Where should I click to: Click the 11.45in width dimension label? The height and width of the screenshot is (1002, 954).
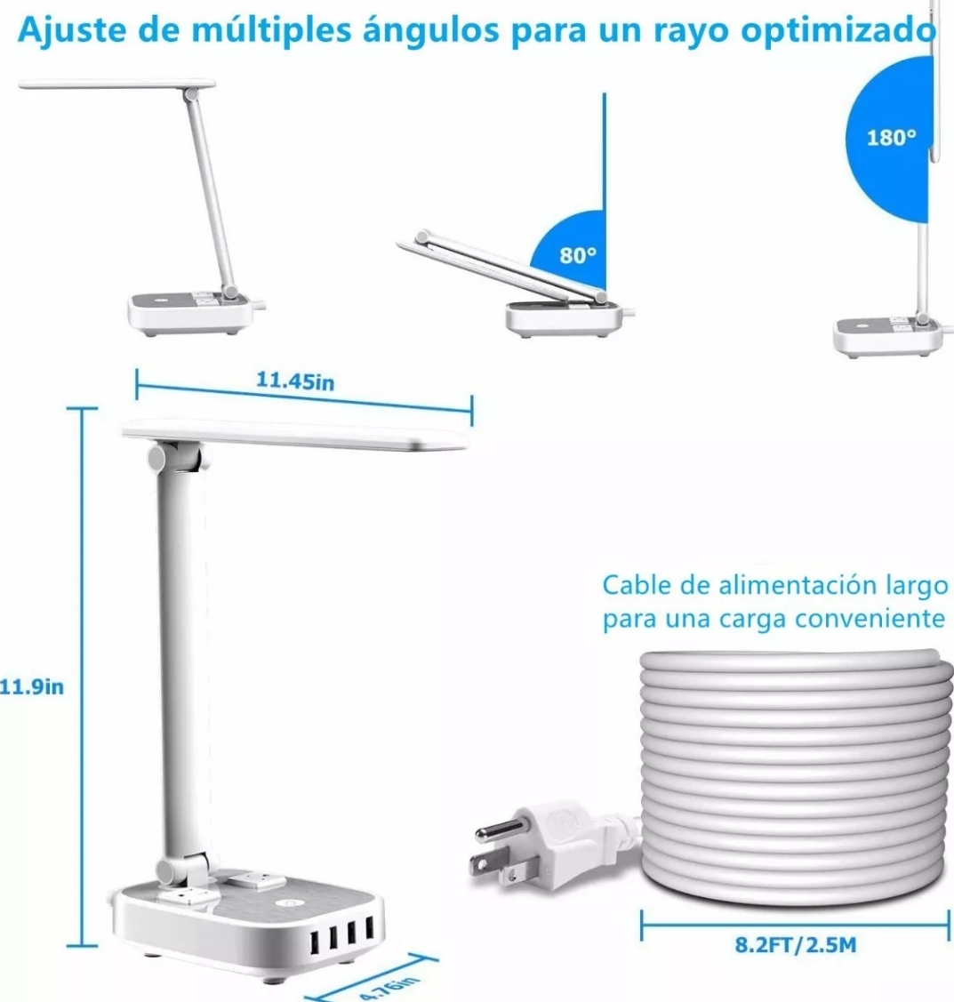(295, 381)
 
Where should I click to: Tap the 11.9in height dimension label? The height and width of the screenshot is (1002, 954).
(32, 686)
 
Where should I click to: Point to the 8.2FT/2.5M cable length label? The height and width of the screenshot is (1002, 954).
(795, 943)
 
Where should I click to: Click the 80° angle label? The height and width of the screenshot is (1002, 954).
(577, 256)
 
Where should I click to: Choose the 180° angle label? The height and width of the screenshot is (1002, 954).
(890, 138)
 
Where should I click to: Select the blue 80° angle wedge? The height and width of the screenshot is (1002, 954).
(573, 249)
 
